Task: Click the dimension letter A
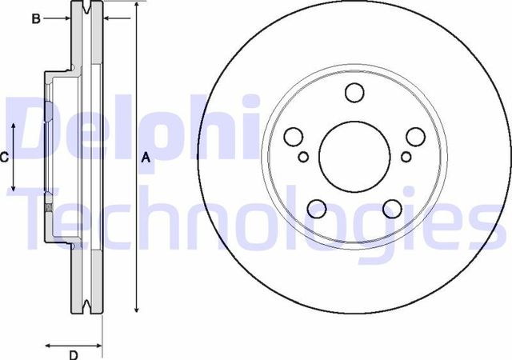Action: [x=146, y=158]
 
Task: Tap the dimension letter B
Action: [x=36, y=18]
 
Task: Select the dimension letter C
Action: [x=4, y=158]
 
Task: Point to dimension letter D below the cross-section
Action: [x=73, y=355]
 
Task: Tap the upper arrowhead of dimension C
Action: [x=14, y=127]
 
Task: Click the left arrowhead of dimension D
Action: [x=46, y=346]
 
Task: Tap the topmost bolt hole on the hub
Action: [x=354, y=93]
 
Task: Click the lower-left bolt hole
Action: [x=317, y=208]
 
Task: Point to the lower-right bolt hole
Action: [x=392, y=208]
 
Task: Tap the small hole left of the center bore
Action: [x=303, y=156]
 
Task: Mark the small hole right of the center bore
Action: [x=406, y=156]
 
